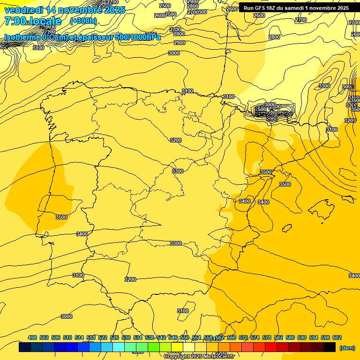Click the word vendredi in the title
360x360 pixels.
click(x=23, y=10)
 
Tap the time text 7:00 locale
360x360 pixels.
click(x=33, y=21)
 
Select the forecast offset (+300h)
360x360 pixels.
click(x=83, y=21)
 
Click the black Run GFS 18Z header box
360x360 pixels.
click(x=296, y=8)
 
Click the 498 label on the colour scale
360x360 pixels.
click(x=32, y=337)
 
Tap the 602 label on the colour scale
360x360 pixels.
click(x=337, y=337)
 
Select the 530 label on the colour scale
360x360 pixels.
click(x=126, y=337)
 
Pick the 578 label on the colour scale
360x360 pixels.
click(x=267, y=337)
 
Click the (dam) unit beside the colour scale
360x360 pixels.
click(x=347, y=347)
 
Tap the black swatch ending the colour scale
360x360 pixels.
click(x=330, y=347)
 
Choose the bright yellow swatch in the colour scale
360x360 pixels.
click(x=177, y=347)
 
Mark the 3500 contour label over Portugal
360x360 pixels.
click(x=61, y=217)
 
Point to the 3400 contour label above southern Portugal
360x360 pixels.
click(x=82, y=234)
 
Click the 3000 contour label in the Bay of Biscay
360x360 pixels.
click(x=174, y=53)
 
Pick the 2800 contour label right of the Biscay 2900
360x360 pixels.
click(x=274, y=37)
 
